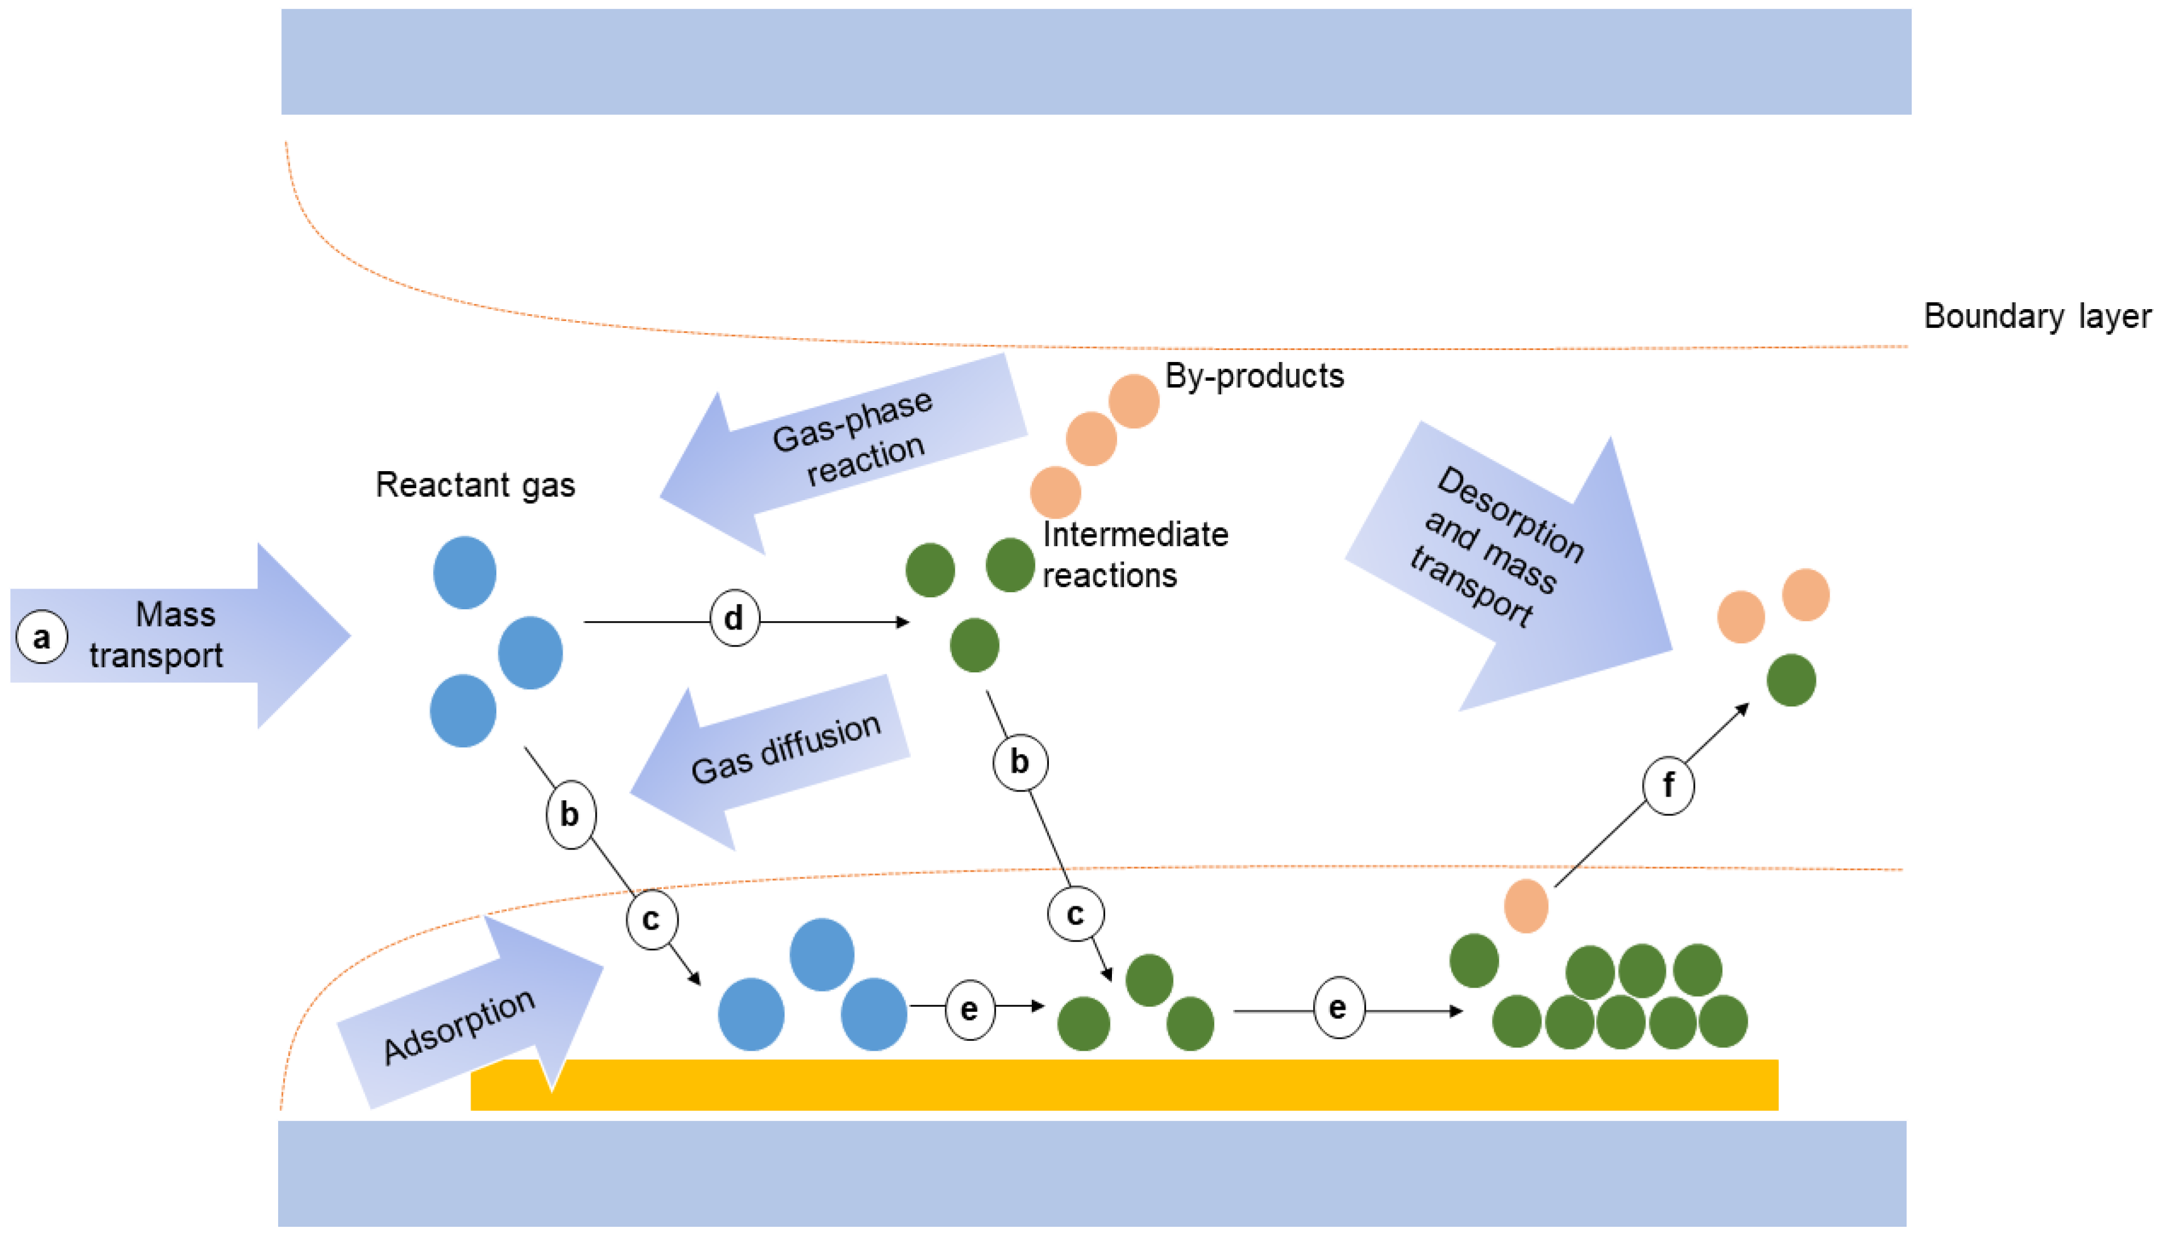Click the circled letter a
coord(42,636)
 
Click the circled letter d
coord(734,618)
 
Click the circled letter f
coord(1668,785)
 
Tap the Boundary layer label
coord(2037,317)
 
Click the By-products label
coord(1254,376)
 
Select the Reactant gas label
coord(475,485)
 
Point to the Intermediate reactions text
coord(1134,554)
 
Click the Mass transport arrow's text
coord(157,635)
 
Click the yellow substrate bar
coord(1123,1085)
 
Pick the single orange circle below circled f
coord(1526,906)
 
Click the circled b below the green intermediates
coord(1019,762)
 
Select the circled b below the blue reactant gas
coord(570,814)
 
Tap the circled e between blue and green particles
coord(969,1009)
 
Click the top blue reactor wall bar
coord(1096,61)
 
